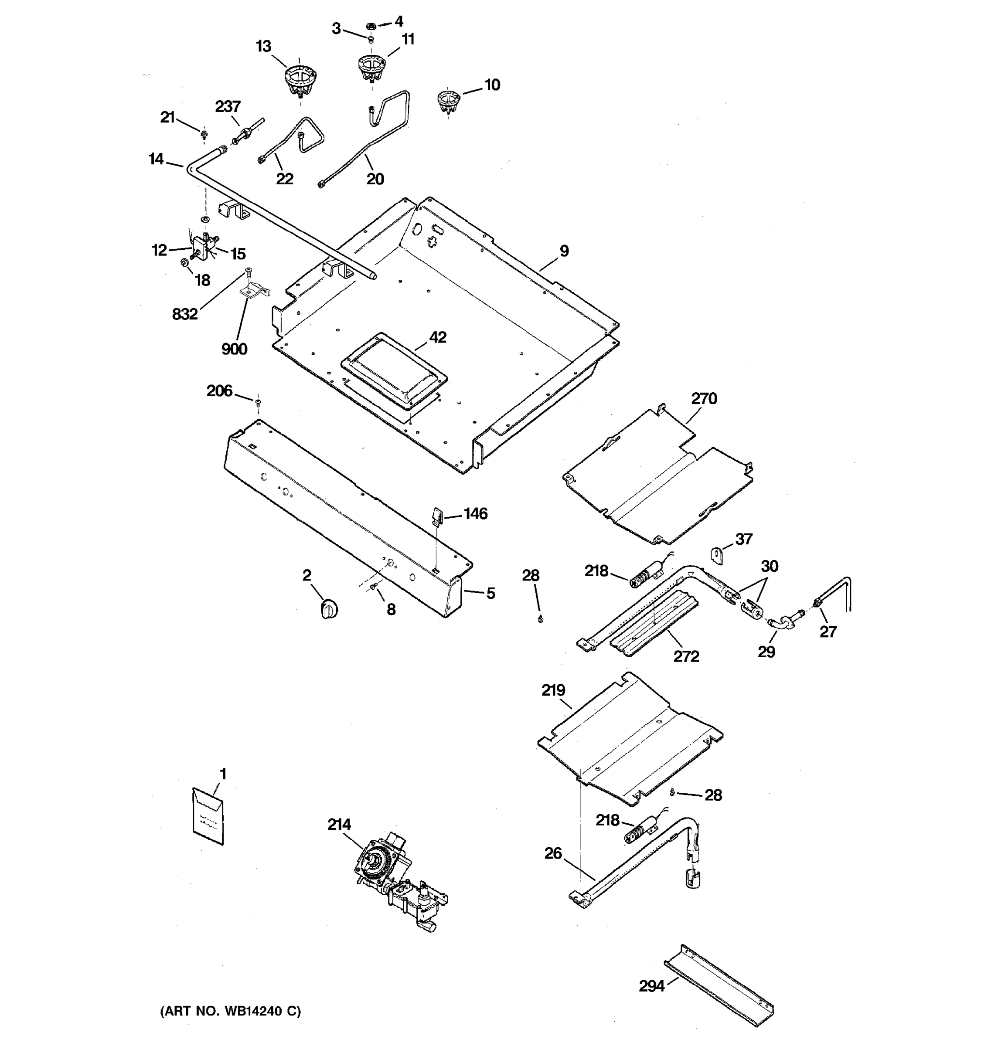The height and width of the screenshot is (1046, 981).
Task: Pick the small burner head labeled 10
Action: [448, 101]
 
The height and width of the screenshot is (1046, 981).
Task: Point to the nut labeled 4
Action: [371, 25]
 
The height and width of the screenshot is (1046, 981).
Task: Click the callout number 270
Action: [704, 399]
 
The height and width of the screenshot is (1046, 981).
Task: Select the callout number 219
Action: [553, 690]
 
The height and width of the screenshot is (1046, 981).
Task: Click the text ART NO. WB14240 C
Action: [231, 1011]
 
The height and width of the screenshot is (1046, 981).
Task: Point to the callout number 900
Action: [234, 348]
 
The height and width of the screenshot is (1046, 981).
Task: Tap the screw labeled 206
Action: [258, 403]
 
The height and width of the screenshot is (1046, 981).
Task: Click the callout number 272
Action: [686, 656]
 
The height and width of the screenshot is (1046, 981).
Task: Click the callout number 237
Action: [228, 106]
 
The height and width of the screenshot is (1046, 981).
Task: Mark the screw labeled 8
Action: [373, 587]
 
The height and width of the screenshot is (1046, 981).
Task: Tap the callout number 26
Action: [553, 853]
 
